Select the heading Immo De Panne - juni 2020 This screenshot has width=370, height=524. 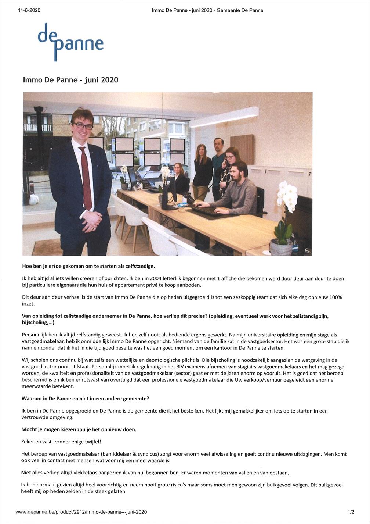70,80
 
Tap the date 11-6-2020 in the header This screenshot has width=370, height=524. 29,10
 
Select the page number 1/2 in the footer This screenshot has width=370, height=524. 351,511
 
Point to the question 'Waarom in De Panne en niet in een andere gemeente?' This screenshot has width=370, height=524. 85,399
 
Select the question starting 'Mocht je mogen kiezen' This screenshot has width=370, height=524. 79,429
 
